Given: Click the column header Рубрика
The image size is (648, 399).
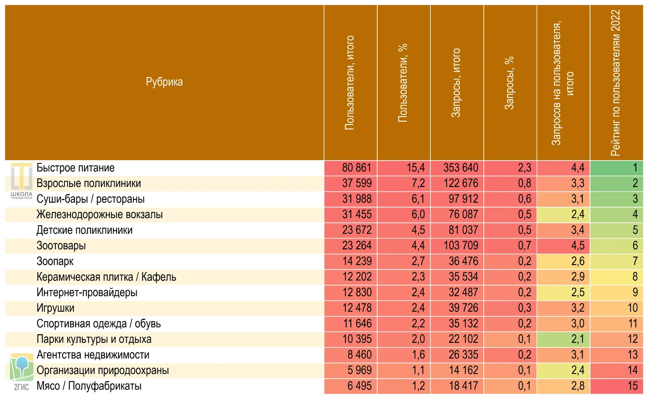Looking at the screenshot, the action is [x=164, y=82].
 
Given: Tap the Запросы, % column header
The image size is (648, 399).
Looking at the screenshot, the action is [x=509, y=83].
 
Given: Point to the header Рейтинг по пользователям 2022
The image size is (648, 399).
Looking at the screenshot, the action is [x=615, y=83].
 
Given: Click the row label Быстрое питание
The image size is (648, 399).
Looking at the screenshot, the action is [x=76, y=168].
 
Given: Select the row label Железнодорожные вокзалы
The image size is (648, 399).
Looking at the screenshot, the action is [x=100, y=215].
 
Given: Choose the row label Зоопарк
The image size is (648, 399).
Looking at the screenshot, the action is [x=55, y=261].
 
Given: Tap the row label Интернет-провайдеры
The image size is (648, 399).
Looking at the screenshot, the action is [x=87, y=293].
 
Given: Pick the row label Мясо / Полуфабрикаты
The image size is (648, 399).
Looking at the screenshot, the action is [x=89, y=386].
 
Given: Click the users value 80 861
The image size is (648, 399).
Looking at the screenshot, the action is [x=356, y=168].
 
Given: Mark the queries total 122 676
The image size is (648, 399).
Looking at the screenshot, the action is [x=461, y=183].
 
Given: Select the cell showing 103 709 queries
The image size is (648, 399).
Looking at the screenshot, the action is [x=461, y=246].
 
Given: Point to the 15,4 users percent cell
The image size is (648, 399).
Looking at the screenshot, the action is [x=415, y=168].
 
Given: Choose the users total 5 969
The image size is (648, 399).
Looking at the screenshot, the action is [x=359, y=370].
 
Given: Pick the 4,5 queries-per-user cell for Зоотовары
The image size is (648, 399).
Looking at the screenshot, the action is [x=577, y=246].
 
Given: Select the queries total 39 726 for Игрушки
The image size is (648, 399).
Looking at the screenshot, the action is [x=463, y=308].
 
